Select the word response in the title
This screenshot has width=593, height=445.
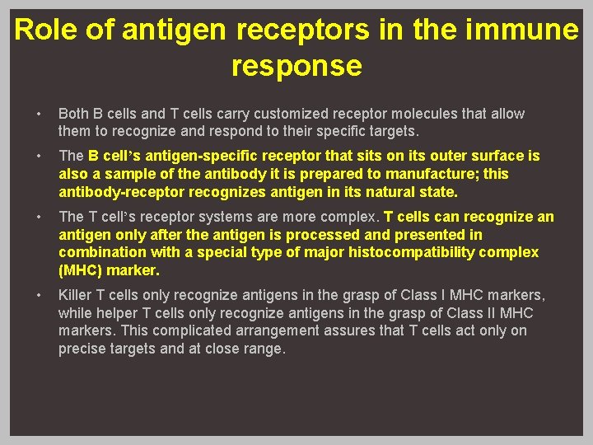(x=296, y=66)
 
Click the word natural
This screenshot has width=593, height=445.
(x=375, y=192)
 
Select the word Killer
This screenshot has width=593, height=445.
(x=77, y=295)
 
